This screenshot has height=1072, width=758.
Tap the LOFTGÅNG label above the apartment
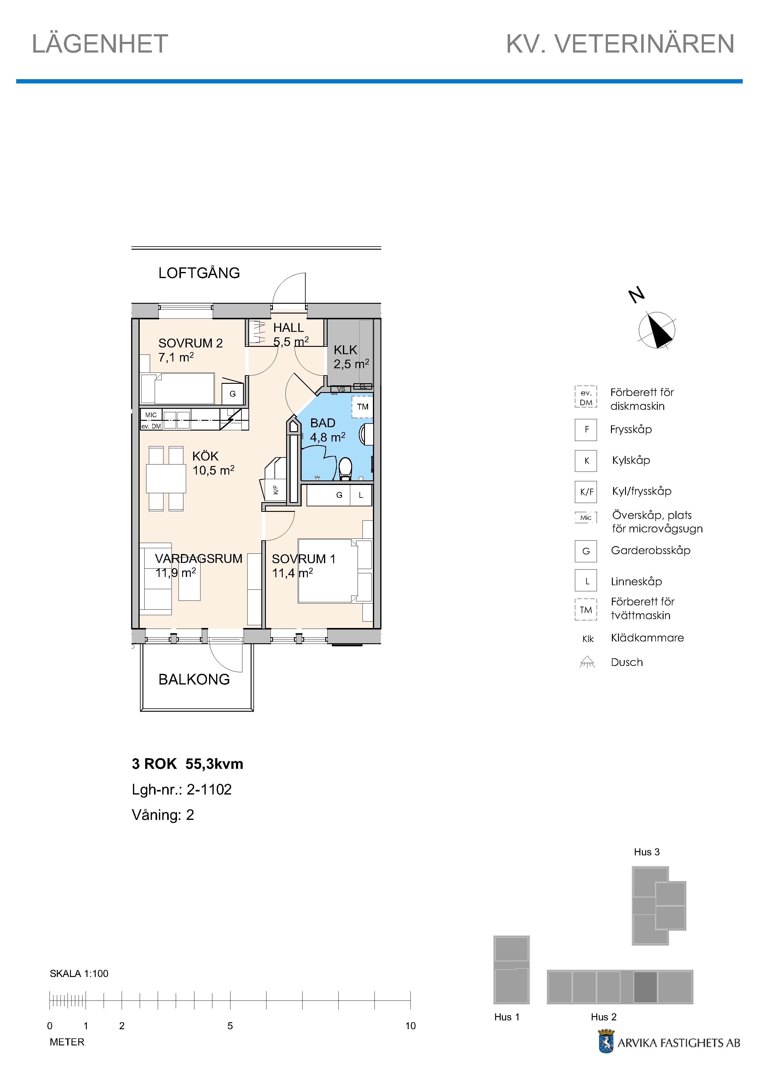pos(199,273)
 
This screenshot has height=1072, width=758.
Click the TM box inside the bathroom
pos(362,407)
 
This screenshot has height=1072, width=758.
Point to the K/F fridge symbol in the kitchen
pos(276,490)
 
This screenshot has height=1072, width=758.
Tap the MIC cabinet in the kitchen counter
pos(151,415)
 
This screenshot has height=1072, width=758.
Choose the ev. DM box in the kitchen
pos(151,426)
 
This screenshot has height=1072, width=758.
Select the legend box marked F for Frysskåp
pos(586,430)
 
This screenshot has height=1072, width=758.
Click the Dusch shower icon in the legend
pos(587,662)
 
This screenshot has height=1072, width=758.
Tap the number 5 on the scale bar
pos(230,1026)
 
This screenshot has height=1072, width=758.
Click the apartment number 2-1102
pos(209,790)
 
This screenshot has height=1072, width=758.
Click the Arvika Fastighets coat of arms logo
pos(606,1042)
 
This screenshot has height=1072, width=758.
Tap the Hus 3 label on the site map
pos(647,852)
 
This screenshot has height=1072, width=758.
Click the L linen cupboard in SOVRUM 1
pos(361,495)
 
